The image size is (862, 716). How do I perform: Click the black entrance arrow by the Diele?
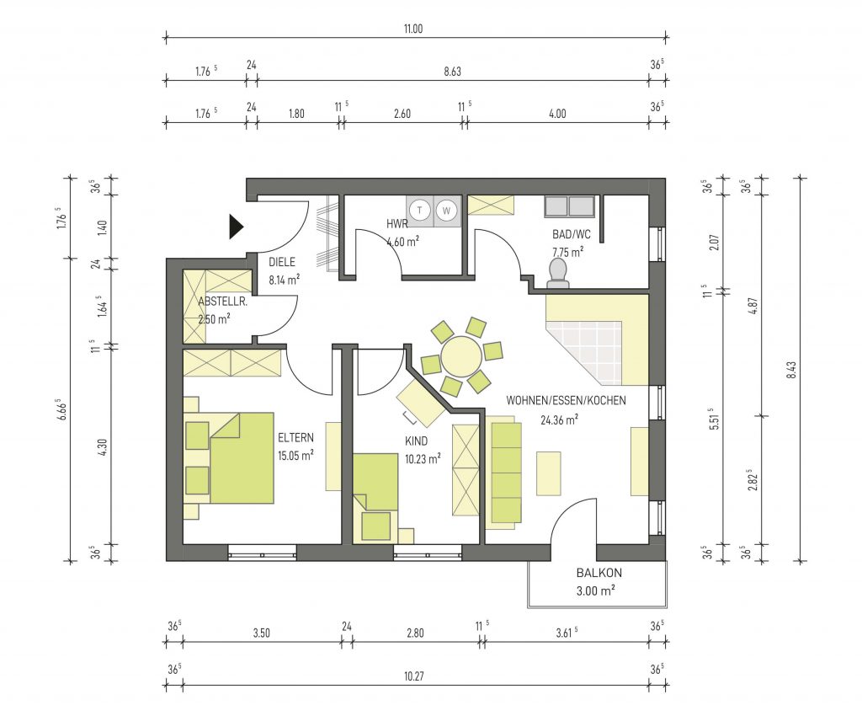[x=236, y=227]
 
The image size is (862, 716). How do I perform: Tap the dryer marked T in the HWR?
[x=421, y=210]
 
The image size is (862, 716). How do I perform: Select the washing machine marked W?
[x=447, y=210]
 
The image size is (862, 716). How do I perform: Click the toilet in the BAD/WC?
[x=559, y=273]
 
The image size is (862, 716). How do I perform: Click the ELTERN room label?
[x=295, y=438]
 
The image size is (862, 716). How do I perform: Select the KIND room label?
[x=416, y=441]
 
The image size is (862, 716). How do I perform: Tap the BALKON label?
[x=599, y=573]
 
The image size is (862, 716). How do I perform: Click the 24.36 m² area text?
[x=559, y=420]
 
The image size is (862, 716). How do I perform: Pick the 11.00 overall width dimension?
[x=413, y=29]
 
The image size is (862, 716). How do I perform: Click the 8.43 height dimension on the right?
[x=791, y=370]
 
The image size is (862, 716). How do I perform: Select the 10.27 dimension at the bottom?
[x=414, y=676]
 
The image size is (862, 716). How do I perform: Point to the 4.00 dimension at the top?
[x=557, y=114]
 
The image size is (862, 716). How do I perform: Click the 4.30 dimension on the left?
[x=101, y=446]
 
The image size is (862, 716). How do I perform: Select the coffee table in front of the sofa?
[x=548, y=473]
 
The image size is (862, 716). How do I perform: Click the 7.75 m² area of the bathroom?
[x=568, y=253]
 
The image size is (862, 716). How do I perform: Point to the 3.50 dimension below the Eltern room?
[x=262, y=633]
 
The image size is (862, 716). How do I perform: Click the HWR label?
[x=397, y=224]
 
